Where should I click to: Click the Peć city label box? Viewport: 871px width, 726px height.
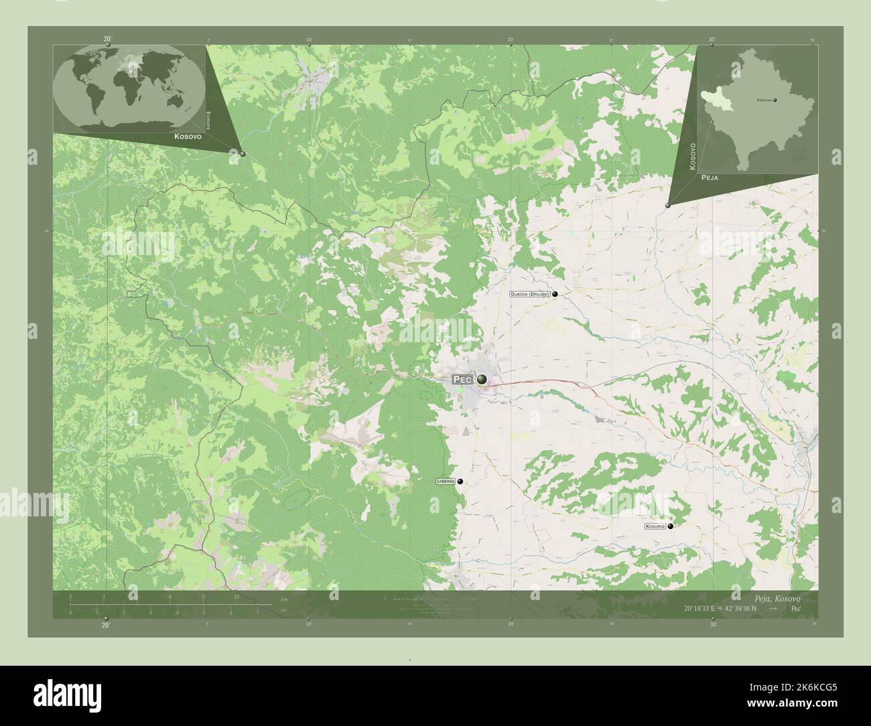click(462, 379)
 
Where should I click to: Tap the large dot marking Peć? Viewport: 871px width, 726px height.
click(482, 379)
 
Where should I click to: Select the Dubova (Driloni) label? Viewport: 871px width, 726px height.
click(530, 294)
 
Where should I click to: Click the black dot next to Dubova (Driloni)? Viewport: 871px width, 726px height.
click(555, 294)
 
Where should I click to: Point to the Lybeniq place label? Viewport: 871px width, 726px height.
click(445, 481)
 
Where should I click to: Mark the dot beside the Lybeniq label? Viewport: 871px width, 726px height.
click(460, 481)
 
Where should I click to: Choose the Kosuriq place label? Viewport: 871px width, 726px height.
click(655, 526)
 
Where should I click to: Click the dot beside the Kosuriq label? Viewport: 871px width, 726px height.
click(670, 526)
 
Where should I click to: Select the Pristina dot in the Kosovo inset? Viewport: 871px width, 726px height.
click(775, 100)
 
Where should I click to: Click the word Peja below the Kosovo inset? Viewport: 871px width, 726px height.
click(710, 179)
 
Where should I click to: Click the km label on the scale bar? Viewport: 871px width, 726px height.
click(284, 599)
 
